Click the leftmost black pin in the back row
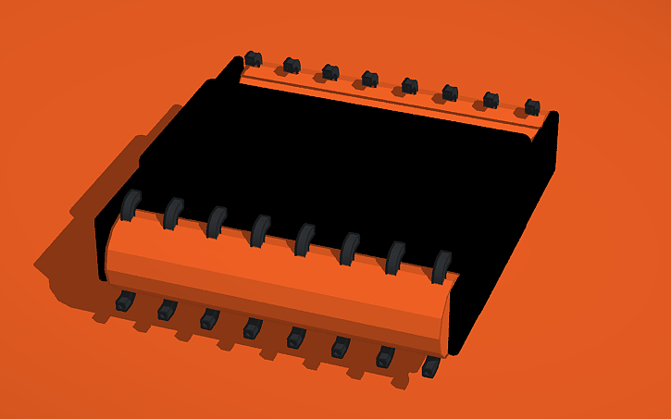click(253, 59)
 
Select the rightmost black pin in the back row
click(532, 107)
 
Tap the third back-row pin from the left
click(330, 72)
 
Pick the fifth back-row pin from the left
click(409, 86)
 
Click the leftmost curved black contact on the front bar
click(130, 205)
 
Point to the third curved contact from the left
click(217, 222)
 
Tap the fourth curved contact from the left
click(260, 230)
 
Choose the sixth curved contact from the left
click(350, 248)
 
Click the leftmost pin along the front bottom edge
click(125, 301)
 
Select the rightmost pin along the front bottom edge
click(430, 367)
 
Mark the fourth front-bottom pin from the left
click(253, 327)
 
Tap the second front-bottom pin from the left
click(167, 309)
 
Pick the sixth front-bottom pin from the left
click(340, 347)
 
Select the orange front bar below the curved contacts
click(278, 282)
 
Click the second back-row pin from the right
click(491, 100)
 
